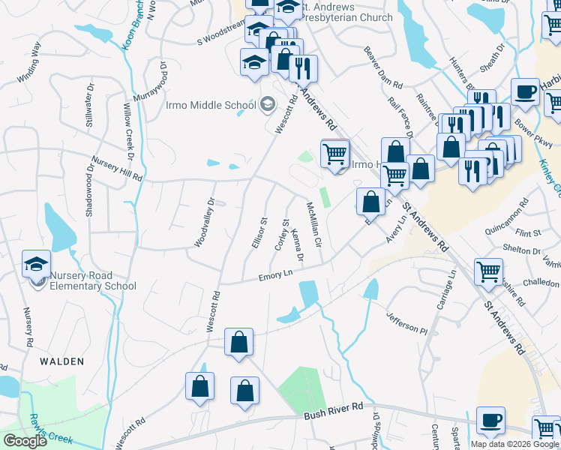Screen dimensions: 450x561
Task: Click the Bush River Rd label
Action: coord(333,415)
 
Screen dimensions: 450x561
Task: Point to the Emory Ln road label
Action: coord(274,277)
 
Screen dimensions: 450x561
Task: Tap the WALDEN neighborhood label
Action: coord(61,361)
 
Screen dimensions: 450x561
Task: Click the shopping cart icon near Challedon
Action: coord(488,271)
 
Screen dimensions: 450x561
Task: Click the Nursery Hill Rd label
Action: coord(116,168)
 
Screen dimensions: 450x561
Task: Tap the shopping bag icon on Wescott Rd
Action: coord(238,343)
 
